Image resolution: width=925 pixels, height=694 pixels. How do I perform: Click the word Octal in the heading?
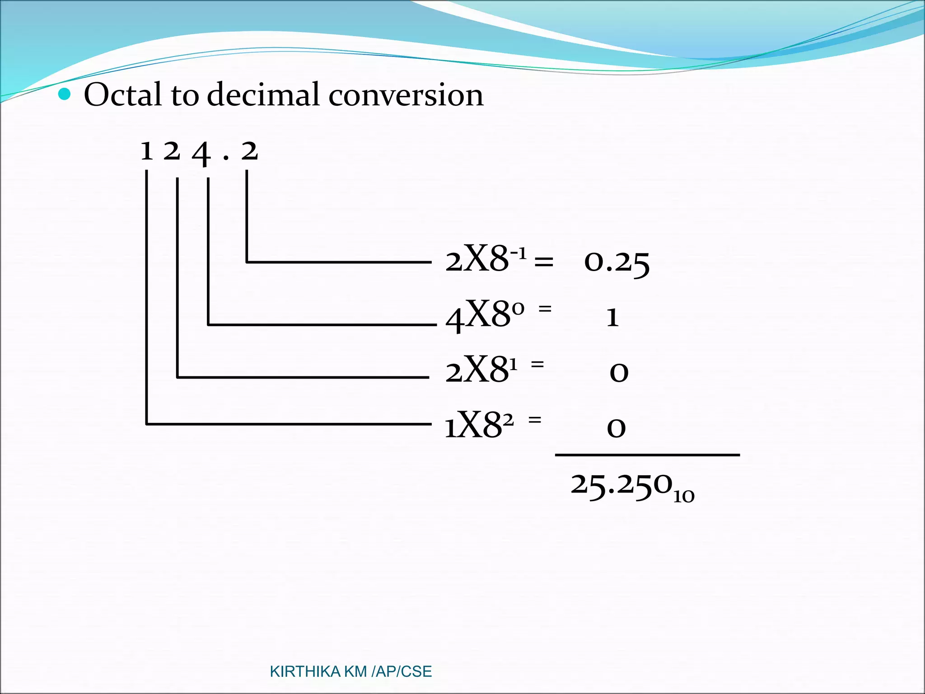pos(122,95)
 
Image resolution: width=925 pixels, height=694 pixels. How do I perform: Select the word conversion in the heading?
pos(406,96)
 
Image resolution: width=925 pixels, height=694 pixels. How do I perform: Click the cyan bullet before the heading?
pos(65,94)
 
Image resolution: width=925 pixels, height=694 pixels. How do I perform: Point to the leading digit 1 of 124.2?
pos(146,151)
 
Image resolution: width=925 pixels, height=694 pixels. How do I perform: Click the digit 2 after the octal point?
pos(249,151)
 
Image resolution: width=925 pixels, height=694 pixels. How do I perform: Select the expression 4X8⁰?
pos(485,315)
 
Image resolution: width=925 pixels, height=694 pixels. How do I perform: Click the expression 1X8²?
pos(479,425)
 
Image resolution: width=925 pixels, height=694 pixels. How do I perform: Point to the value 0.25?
pos(617,263)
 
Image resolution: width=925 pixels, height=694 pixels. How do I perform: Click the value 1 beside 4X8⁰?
pos(612,317)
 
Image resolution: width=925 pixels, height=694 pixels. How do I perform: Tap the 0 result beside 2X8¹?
pos(619,373)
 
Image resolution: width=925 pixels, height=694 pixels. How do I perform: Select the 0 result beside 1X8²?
pos(616,427)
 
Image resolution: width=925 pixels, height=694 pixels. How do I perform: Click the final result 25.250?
pos(621,486)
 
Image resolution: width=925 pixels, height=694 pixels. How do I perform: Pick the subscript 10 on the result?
pos(684,497)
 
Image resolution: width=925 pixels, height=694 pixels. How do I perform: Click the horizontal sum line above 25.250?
pos(647,455)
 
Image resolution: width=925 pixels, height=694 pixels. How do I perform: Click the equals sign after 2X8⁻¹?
pos(543,262)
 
